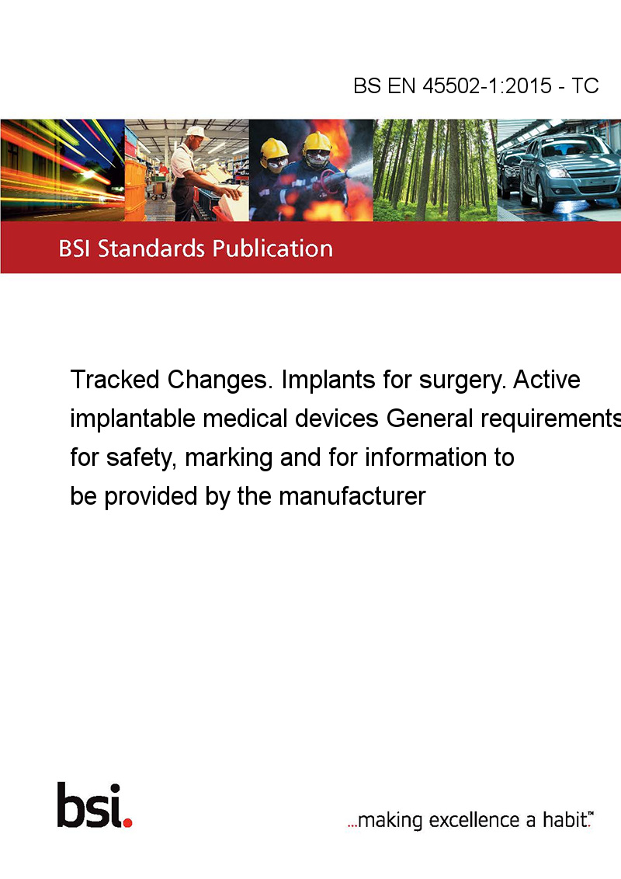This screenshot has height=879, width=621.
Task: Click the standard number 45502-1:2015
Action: pyautogui.click(x=487, y=85)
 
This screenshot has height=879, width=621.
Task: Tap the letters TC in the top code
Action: pyautogui.click(x=585, y=85)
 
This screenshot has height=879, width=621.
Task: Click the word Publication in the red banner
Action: pyautogui.click(x=272, y=249)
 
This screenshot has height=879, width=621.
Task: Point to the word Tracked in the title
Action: pyautogui.click(x=115, y=380)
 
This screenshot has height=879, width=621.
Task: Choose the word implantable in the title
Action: pyautogui.click(x=132, y=419)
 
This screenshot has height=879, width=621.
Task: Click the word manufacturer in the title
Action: pyautogui.click(x=352, y=496)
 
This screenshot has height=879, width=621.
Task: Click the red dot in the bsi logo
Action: pyautogui.click(x=127, y=822)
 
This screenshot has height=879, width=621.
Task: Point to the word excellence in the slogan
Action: pyautogui.click(x=474, y=820)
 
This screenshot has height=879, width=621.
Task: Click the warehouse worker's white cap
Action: pyautogui.click(x=196, y=132)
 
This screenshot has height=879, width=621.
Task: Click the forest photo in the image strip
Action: pyautogui.click(x=435, y=170)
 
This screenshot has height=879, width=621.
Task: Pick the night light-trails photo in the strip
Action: pyautogui.click(x=62, y=170)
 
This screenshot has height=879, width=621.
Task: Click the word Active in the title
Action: pyautogui.click(x=546, y=380)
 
